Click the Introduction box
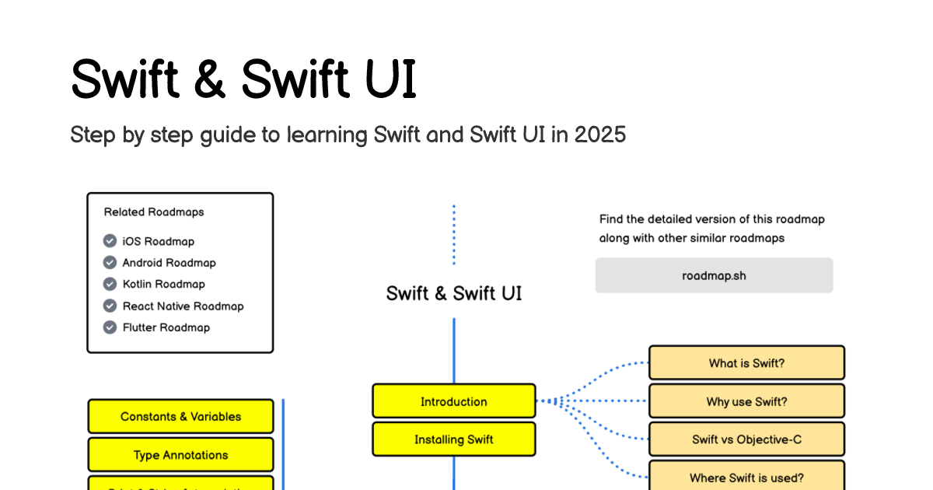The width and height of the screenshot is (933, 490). click(454, 401)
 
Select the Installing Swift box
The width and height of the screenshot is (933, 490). click(454, 439)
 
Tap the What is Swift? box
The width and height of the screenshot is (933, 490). click(746, 363)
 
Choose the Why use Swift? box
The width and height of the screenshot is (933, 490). click(746, 401)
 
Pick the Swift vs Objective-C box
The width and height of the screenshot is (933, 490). click(746, 439)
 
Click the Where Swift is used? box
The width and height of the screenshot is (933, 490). click(746, 478)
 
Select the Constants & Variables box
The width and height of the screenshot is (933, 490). click(180, 416)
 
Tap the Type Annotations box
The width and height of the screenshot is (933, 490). click(180, 455)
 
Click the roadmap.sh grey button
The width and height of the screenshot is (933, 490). click(714, 275)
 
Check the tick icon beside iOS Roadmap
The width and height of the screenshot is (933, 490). click(110, 241)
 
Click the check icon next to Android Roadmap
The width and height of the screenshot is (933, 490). click(110, 263)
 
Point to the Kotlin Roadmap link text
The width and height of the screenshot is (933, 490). click(163, 284)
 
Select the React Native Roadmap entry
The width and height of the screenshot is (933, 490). click(183, 306)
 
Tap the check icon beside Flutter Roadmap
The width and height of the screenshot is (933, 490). click(110, 327)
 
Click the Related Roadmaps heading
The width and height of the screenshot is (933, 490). click(154, 212)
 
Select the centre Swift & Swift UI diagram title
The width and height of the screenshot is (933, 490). click(454, 293)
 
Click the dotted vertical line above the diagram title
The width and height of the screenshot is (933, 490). click(454, 234)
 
